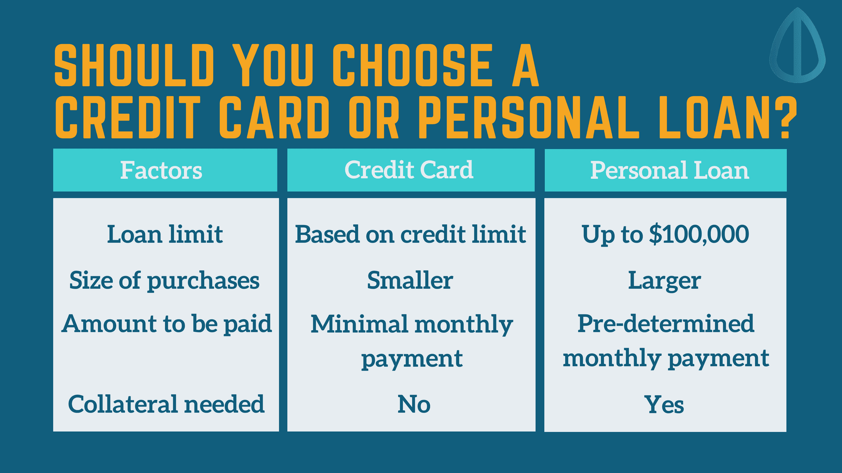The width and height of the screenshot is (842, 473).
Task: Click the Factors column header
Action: (x=161, y=170)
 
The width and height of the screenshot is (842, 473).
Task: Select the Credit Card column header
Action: (x=409, y=170)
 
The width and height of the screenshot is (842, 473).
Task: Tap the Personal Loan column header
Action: (x=669, y=170)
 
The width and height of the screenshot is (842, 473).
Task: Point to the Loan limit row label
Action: (x=165, y=234)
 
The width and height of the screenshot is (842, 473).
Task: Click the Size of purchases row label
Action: (x=164, y=281)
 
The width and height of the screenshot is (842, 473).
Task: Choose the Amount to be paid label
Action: (x=167, y=325)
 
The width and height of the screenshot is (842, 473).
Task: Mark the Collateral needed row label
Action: (x=166, y=404)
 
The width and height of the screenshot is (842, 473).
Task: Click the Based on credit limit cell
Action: (x=410, y=234)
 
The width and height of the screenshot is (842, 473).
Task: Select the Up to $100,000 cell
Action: (x=665, y=234)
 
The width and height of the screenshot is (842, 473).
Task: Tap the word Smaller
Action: (x=410, y=280)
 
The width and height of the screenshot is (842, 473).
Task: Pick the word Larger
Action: (x=664, y=281)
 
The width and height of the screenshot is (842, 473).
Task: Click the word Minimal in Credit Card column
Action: (x=359, y=324)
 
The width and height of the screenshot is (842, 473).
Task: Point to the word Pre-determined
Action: (x=666, y=324)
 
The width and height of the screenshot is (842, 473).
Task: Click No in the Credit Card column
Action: (x=414, y=404)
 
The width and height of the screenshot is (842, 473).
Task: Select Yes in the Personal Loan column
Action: (x=664, y=404)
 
